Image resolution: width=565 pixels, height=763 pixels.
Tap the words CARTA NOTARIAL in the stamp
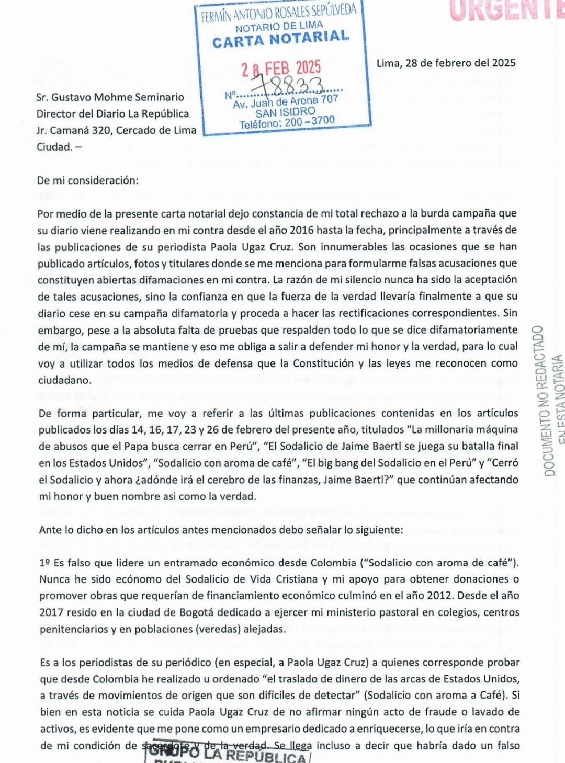tap(281, 39)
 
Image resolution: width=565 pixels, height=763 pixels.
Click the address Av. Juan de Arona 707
tap(286, 101)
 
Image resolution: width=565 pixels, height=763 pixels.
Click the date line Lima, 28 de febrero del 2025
tap(446, 63)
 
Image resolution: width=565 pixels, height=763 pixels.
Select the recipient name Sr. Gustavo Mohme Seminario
tap(110, 97)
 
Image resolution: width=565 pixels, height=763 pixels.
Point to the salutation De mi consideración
tap(88, 181)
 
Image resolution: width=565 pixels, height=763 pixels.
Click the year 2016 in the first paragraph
tap(302, 230)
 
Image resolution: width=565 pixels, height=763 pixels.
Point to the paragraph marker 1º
tap(44, 563)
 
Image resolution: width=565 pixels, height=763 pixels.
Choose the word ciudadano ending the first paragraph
tap(64, 380)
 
